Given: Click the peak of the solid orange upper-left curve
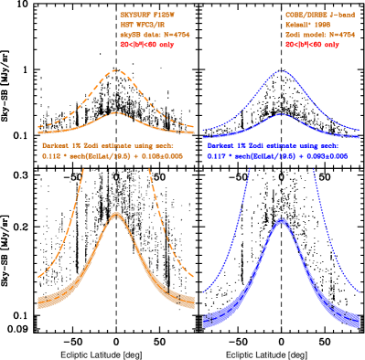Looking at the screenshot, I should click(x=116, y=112).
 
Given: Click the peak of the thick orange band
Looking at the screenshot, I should click(x=116, y=214).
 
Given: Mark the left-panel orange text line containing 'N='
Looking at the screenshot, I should click(x=155, y=34).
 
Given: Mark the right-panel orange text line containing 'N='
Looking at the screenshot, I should click(x=319, y=34).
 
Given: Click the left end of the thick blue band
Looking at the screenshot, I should click(x=204, y=320).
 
